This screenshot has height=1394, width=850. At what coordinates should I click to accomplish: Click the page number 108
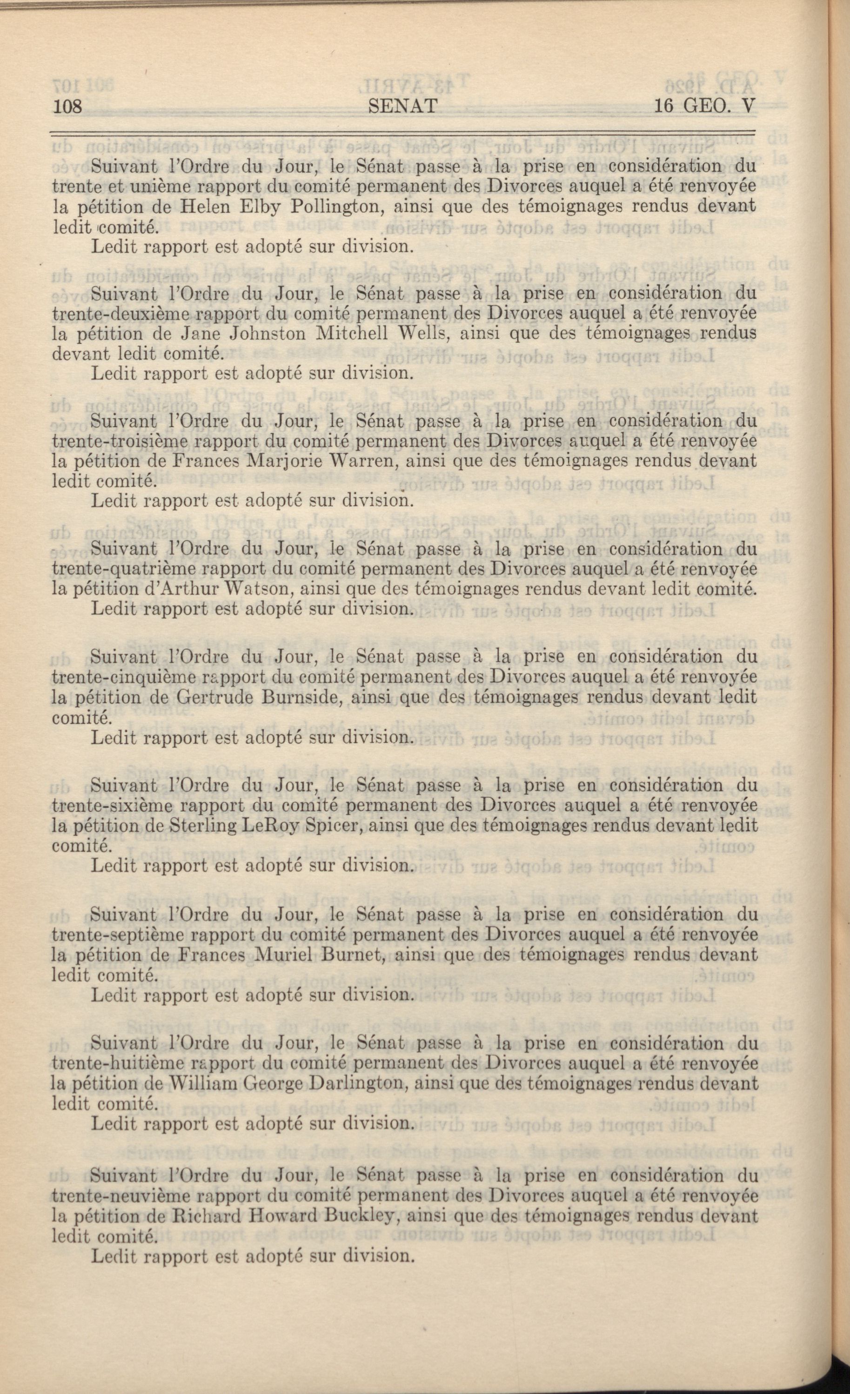coord(68,106)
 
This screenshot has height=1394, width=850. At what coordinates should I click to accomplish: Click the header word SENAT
coord(402,106)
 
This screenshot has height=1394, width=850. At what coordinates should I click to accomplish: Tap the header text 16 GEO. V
coord(704,106)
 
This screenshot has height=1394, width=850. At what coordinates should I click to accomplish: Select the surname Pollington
coord(340,207)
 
